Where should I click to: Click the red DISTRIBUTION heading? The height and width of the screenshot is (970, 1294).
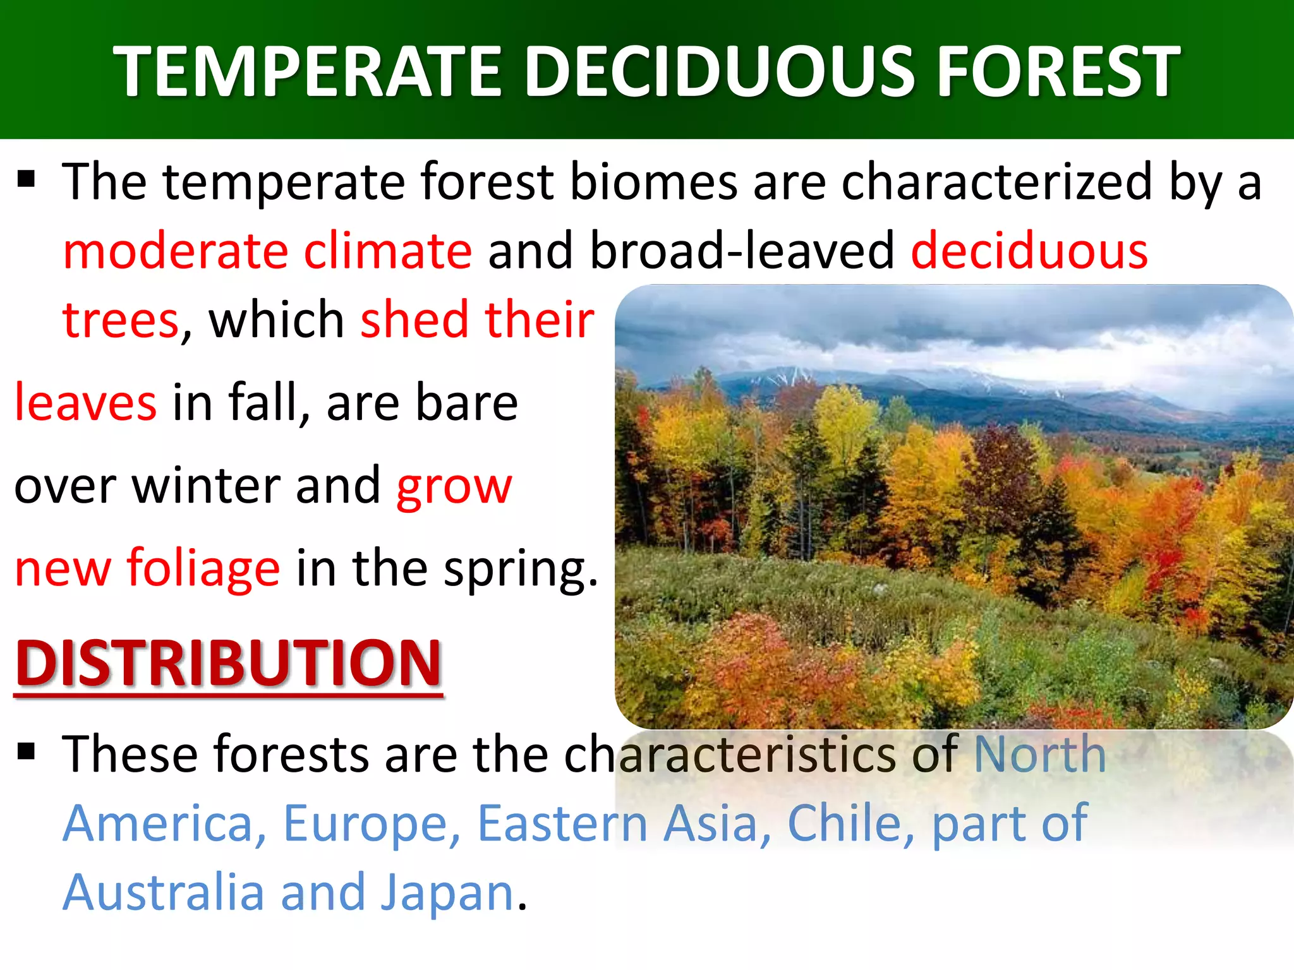228,662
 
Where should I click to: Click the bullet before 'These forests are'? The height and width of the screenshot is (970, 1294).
26,751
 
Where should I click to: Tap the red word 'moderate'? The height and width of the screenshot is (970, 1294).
176,251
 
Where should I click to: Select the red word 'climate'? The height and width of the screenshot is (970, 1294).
387,251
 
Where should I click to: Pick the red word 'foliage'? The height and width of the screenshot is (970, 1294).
203,568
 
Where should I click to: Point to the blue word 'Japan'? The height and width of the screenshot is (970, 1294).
448,893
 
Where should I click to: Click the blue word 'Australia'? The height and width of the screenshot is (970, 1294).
163,892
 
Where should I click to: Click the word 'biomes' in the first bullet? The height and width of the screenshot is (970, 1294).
653,182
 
